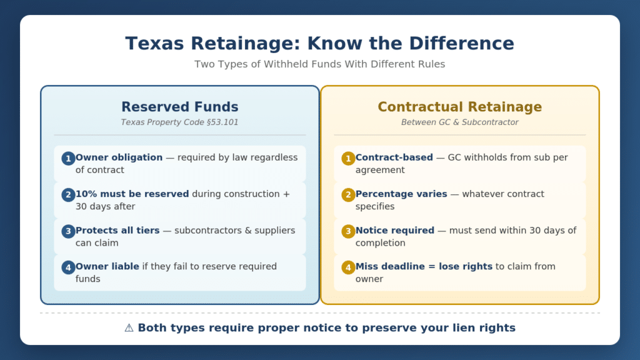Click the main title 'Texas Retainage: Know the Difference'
click(x=319, y=43)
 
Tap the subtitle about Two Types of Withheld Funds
click(x=319, y=64)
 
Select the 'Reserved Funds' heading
click(x=179, y=106)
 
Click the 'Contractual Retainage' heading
click(x=459, y=106)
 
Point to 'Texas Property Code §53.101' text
click(x=179, y=122)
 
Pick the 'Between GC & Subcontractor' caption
click(x=459, y=122)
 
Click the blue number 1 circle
click(x=68, y=158)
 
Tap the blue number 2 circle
click(x=68, y=195)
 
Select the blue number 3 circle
click(x=68, y=231)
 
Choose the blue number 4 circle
click(x=68, y=267)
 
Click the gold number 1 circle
click(x=348, y=158)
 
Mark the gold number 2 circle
click(x=348, y=195)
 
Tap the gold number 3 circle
click(x=348, y=231)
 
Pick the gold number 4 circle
click(x=348, y=267)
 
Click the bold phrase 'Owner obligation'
click(x=119, y=157)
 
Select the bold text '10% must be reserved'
click(x=132, y=194)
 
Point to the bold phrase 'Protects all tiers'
click(x=117, y=230)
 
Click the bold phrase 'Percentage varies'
click(x=401, y=194)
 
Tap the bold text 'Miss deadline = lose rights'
click(x=424, y=266)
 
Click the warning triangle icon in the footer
click(x=129, y=327)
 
